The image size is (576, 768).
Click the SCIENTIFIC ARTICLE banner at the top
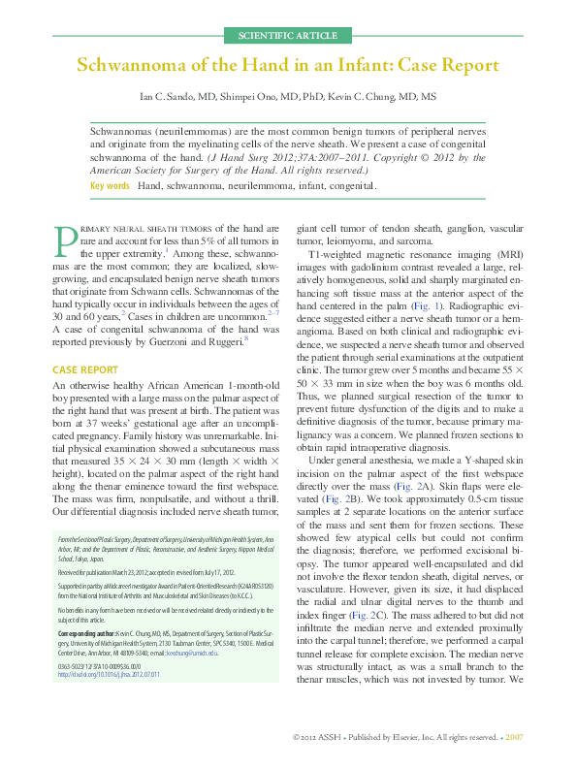click(x=288, y=36)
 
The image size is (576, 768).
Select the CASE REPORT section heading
click(x=85, y=370)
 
